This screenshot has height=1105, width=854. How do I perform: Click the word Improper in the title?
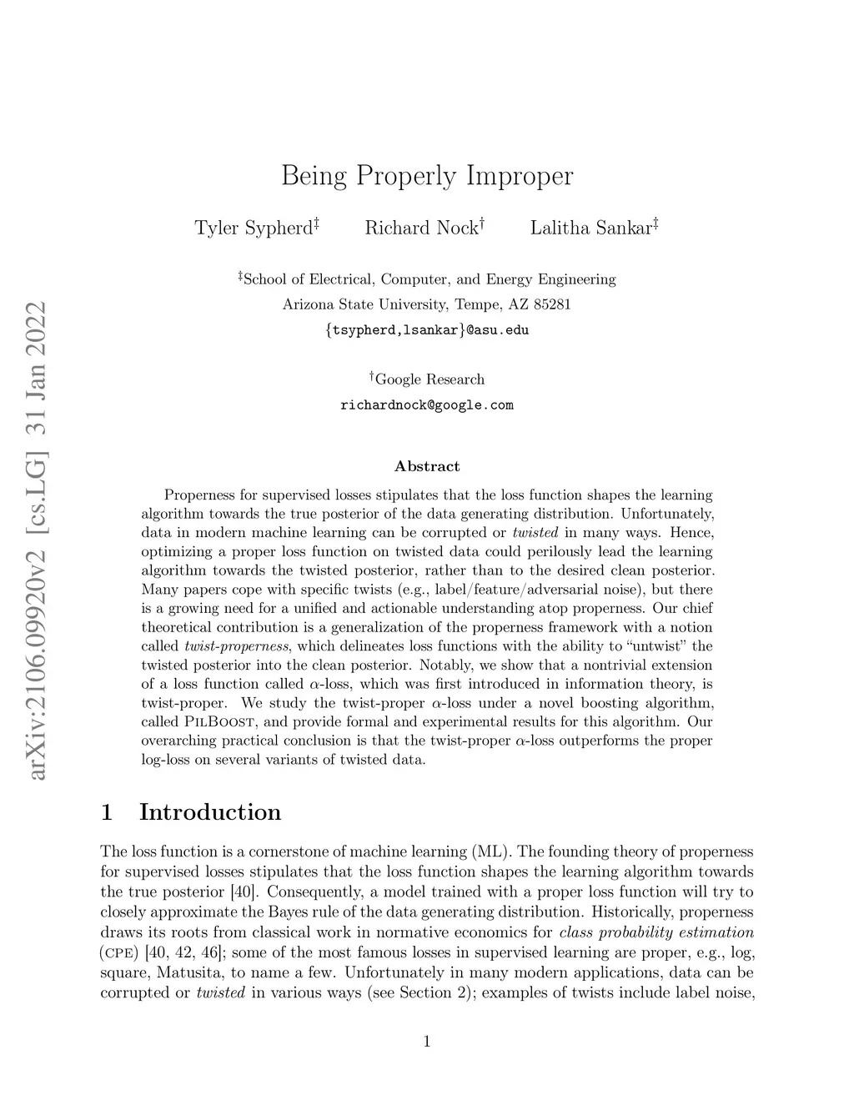pyautogui.click(x=520, y=177)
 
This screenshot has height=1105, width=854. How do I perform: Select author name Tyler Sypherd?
pyautogui.click(x=253, y=229)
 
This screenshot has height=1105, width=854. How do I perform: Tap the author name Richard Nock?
pyautogui.click(x=421, y=229)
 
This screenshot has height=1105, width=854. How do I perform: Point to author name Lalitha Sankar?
pyautogui.click(x=590, y=229)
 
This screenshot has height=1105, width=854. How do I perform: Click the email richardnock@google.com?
pyautogui.click(x=427, y=405)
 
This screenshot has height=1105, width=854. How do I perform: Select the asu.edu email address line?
pyautogui.click(x=427, y=330)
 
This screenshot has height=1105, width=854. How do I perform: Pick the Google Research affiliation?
pyautogui.click(x=429, y=379)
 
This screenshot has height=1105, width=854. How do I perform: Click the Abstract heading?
pyautogui.click(x=427, y=466)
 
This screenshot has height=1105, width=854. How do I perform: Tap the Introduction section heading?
pyautogui.click(x=209, y=812)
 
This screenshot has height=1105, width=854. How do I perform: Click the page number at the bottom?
pyautogui.click(x=427, y=1041)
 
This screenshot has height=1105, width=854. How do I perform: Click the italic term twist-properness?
pyautogui.click(x=236, y=646)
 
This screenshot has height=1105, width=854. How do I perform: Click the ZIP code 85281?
pyautogui.click(x=552, y=304)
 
